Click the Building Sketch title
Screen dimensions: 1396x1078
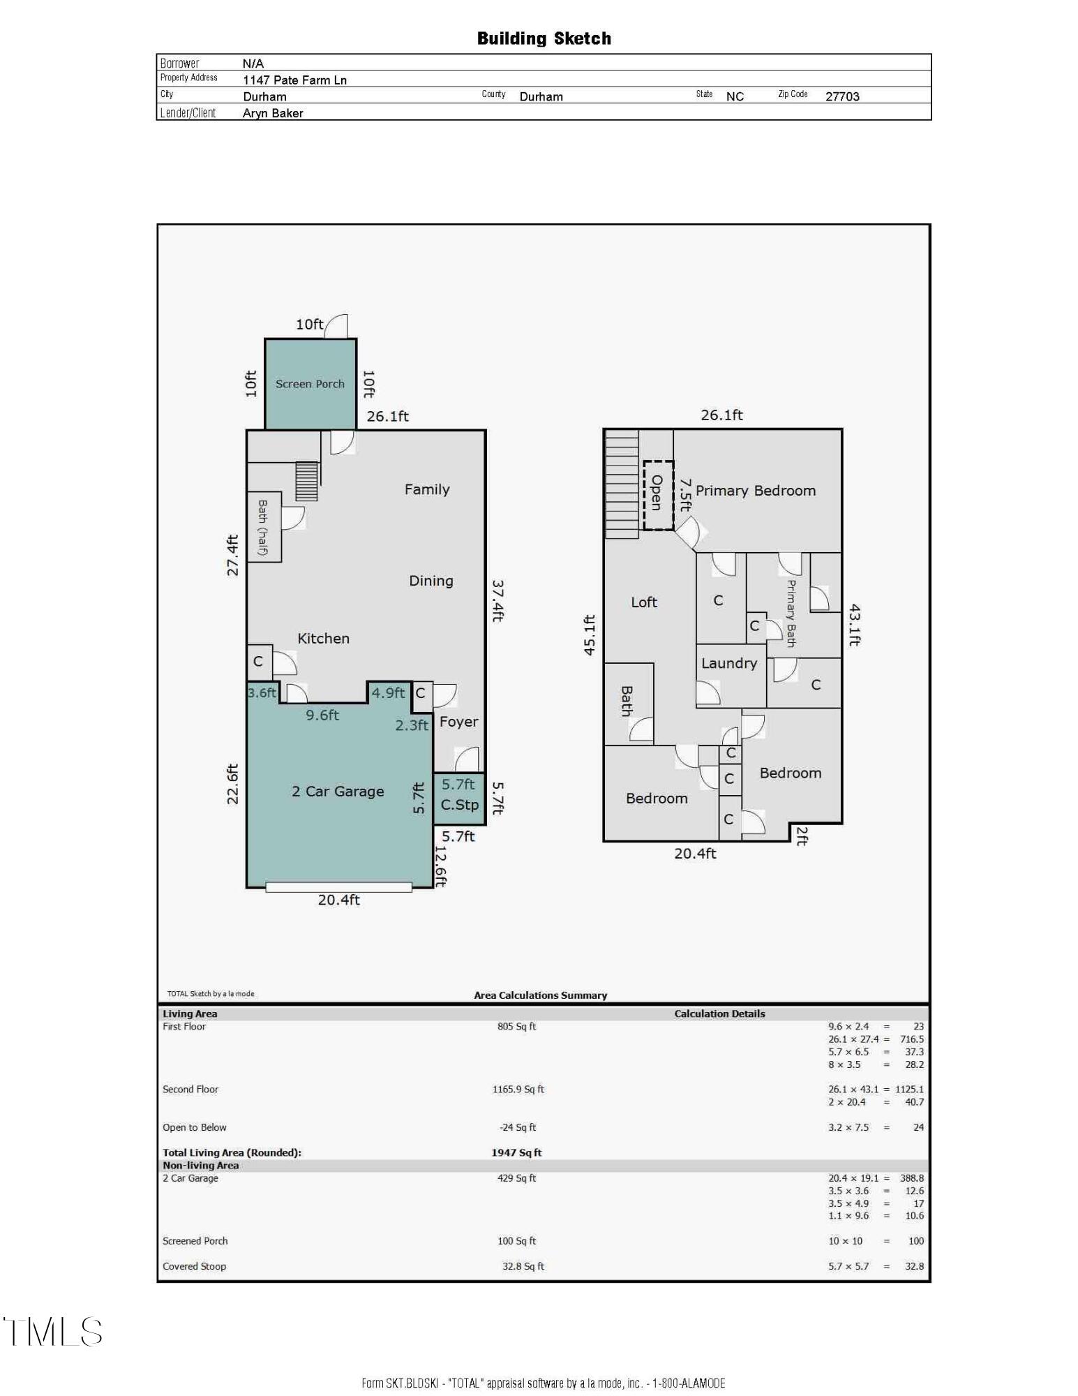coord(544,38)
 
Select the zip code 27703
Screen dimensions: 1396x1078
coord(842,96)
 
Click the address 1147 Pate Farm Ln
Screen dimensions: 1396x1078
coord(294,80)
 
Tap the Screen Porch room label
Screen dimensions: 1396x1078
coord(310,384)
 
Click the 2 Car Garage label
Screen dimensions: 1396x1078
coord(338,791)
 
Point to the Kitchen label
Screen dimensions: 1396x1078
coord(323,638)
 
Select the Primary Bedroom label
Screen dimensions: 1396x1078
coord(755,490)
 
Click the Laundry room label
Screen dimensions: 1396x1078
coord(728,663)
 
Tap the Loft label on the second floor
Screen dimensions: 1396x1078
coord(643,602)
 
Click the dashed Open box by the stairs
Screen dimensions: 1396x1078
coord(657,494)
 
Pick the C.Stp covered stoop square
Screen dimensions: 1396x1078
coord(459,798)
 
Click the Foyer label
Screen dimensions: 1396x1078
coord(458,722)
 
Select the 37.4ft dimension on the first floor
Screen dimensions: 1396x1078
coord(498,600)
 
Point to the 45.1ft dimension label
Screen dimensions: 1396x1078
coord(590,634)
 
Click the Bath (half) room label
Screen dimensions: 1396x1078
coord(263,527)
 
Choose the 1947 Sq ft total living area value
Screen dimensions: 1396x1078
coord(516,1152)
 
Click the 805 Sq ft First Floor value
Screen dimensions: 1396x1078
coord(516,1026)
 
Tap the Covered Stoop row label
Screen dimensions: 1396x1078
coord(194,1266)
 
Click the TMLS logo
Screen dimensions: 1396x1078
coord(54,1332)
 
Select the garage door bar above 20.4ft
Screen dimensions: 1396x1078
coord(338,887)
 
